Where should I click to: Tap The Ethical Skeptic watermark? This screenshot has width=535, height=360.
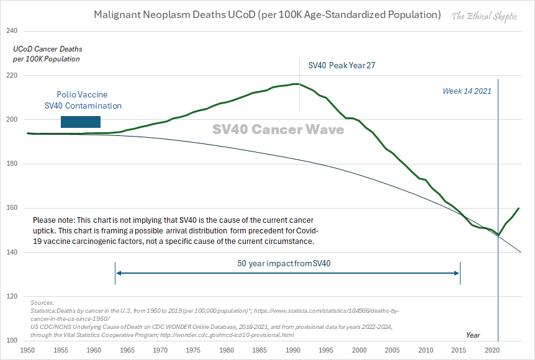pos(483,16)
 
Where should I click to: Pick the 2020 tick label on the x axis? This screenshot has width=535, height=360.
pos(493,351)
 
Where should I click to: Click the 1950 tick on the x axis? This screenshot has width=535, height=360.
pos(27,351)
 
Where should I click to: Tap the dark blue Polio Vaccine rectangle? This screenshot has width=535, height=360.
pos(80,122)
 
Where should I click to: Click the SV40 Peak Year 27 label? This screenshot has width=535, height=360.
pos(342,65)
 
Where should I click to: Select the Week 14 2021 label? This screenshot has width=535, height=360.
pos(467,91)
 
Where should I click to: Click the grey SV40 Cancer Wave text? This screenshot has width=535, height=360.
pos(278,130)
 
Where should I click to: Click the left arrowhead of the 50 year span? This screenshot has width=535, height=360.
pos(117,272)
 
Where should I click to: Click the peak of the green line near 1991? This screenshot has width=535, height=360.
pos(298,84)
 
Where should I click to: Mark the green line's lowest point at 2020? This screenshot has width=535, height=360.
pos(498,235)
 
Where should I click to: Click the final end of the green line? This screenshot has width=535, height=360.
pos(519,208)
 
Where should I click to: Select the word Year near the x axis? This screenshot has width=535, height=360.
pos(473,335)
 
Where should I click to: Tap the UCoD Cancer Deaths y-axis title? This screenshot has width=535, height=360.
pos(48,54)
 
